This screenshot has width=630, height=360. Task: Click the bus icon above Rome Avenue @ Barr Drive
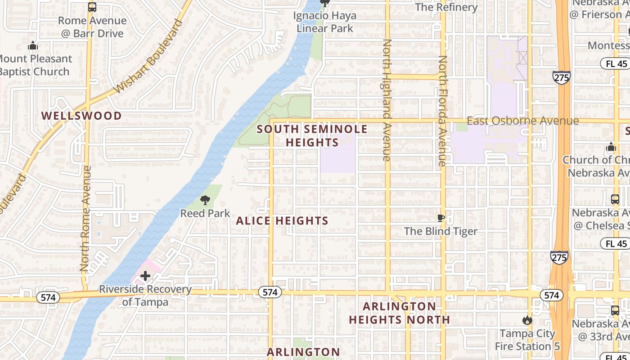(92, 7)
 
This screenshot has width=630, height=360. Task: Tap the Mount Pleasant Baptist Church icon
(32, 46)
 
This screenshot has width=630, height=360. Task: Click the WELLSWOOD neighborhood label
(81, 116)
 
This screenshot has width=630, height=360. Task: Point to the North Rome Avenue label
(86, 219)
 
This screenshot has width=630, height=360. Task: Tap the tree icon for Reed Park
(205, 200)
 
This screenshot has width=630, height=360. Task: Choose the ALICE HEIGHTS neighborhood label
(282, 220)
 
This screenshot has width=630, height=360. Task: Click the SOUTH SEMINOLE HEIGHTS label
(312, 136)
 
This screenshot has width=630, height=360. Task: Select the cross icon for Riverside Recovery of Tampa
(145, 275)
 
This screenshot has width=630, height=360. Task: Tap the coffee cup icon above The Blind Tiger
(441, 218)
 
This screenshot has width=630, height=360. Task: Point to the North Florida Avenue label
(443, 111)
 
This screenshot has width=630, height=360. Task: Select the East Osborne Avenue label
(522, 121)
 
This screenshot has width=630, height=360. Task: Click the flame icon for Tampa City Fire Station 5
(527, 320)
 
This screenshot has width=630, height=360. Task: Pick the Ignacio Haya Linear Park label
(324, 22)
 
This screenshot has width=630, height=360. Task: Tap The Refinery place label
(446, 7)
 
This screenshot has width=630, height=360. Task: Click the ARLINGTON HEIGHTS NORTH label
(400, 313)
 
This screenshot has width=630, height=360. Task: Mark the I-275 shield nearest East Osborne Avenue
(562, 77)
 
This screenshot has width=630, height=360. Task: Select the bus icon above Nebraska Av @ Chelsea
(615, 199)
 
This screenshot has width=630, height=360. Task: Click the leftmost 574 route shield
(48, 297)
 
